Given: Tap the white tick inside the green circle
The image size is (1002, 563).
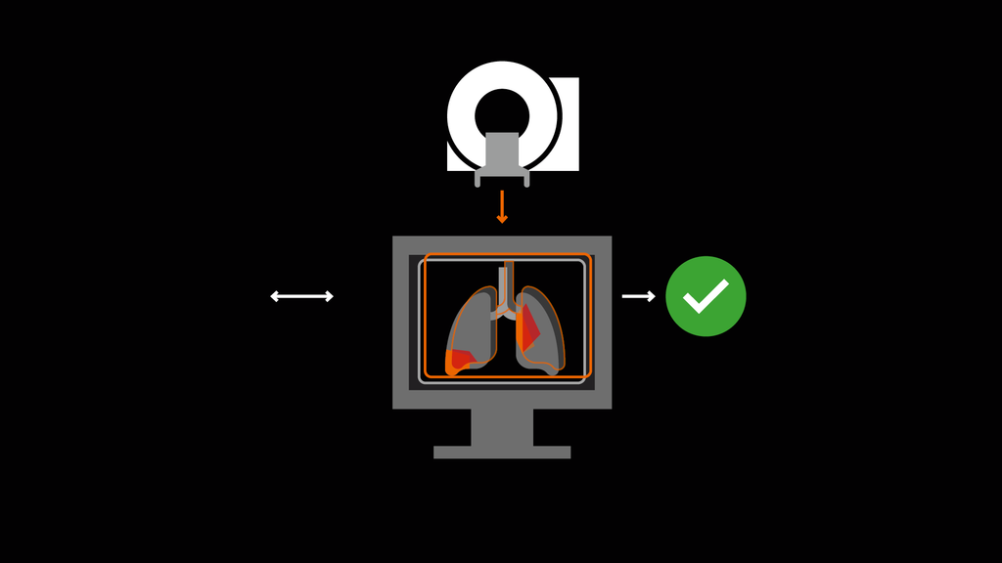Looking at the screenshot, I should (706, 296).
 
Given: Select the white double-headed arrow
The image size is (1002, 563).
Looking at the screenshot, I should (301, 296).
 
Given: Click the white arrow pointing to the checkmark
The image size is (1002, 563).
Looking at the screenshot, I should (638, 296).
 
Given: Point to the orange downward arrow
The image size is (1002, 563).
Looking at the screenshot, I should (502, 206).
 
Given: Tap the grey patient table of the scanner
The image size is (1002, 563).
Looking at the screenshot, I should (502, 152).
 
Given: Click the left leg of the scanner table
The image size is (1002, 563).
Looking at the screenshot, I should (478, 180).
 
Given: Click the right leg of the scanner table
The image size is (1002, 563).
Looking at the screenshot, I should (526, 180).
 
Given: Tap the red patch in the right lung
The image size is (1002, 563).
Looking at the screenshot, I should (527, 328).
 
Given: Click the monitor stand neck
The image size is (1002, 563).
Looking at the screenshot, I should (502, 427).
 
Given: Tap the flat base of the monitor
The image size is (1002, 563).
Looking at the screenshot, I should (502, 453).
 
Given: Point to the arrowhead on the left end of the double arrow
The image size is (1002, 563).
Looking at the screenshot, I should (275, 296).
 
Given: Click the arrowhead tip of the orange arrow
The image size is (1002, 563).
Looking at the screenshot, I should (502, 221).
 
